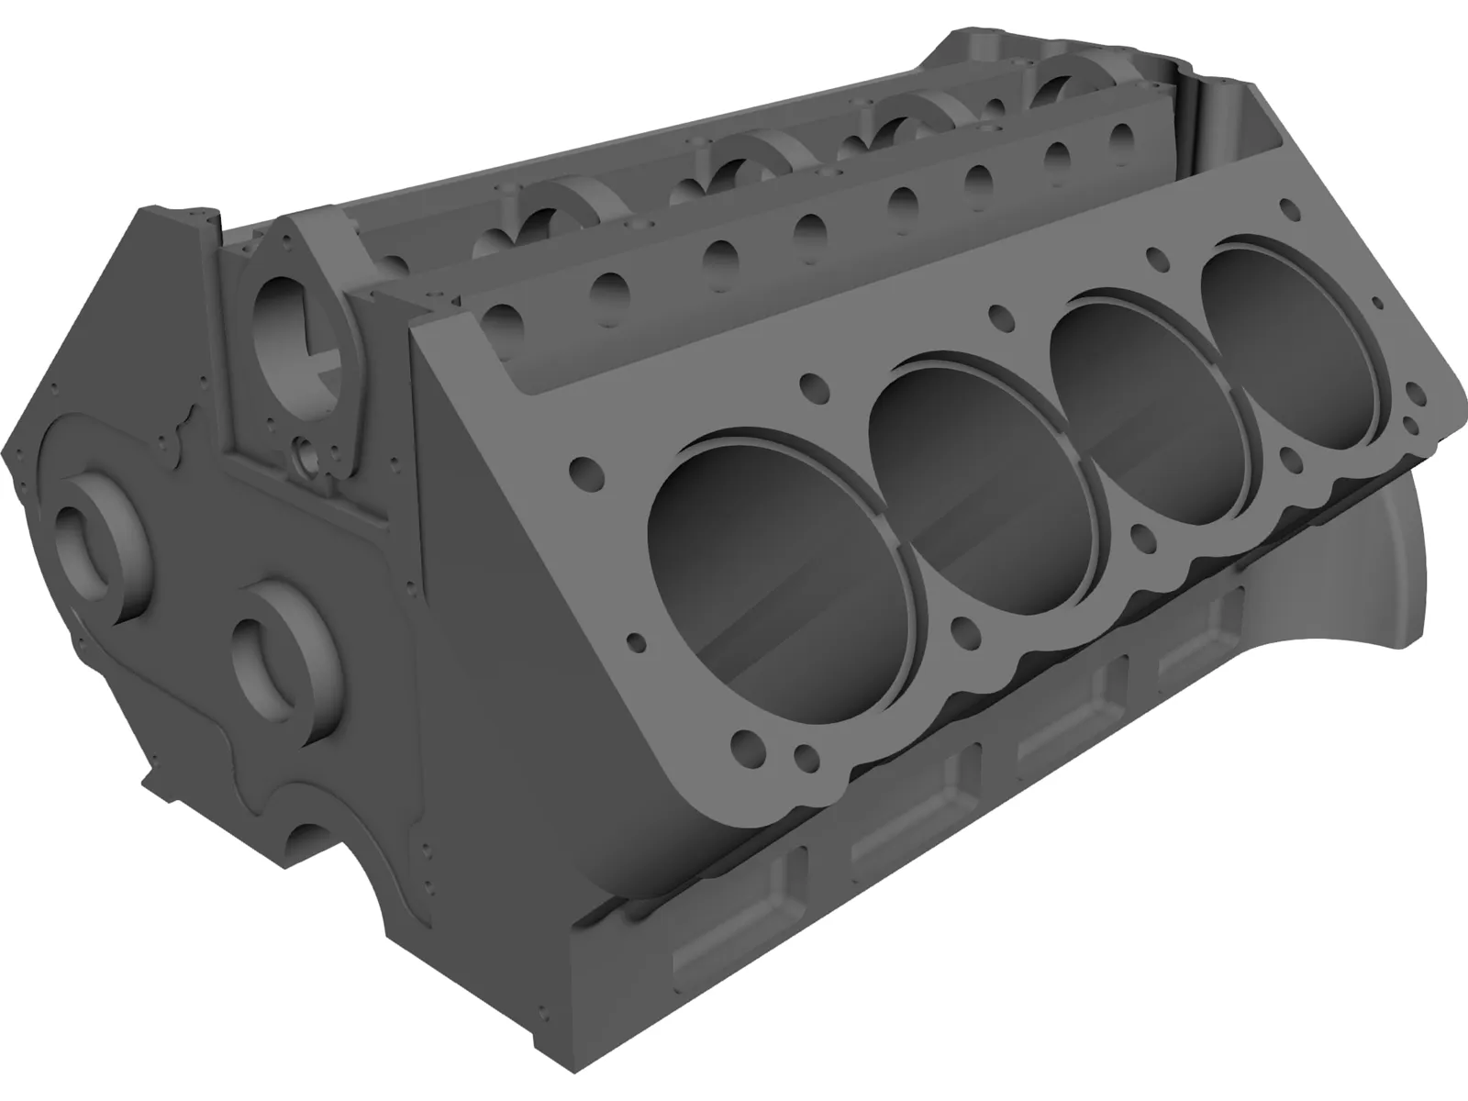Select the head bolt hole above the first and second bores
810,382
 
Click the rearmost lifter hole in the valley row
1121,134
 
